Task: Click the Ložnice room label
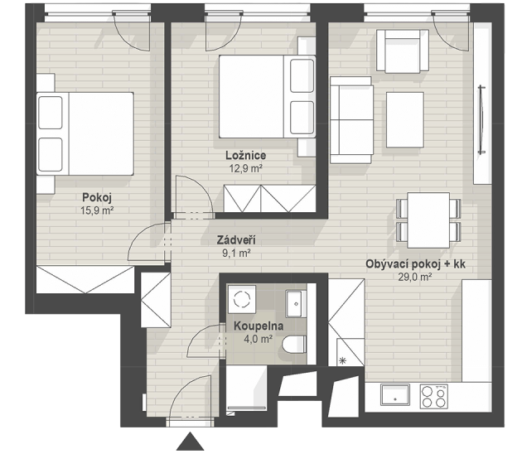[246, 156]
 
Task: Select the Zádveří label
[236, 240]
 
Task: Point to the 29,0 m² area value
[415, 277]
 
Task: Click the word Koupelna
[259, 326]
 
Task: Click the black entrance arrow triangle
[190, 442]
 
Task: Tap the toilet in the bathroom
[294, 345]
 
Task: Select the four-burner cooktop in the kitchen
[433, 396]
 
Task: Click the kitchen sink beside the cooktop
[395, 394]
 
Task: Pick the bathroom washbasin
[296, 304]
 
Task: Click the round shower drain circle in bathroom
[242, 299]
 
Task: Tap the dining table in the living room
[428, 220]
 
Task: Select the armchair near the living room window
[403, 51]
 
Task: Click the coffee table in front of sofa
[405, 120]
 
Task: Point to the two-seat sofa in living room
[351, 120]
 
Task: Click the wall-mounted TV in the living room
[481, 120]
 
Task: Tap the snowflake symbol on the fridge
[342, 360]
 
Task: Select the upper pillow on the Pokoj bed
[51, 113]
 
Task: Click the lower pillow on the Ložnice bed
[302, 118]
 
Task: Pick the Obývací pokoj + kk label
[415, 264]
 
